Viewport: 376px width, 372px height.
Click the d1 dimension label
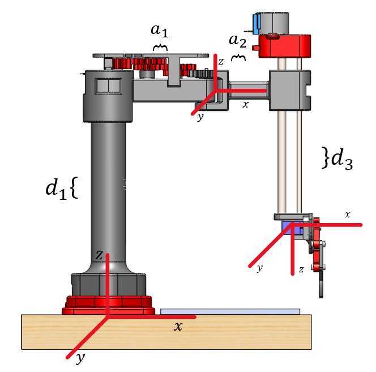56,188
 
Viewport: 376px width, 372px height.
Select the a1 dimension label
160,31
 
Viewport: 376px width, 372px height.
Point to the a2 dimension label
237,41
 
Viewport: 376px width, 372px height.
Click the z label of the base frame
99,255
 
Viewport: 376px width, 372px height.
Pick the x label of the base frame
178,326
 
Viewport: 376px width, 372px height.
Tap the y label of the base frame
80,358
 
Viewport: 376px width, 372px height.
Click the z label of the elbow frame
221,61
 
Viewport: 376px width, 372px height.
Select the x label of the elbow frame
245,104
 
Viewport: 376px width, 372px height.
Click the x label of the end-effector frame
348,215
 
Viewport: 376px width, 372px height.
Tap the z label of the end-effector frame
301,270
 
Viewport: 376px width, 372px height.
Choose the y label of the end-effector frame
260,268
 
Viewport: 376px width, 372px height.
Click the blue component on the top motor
257,24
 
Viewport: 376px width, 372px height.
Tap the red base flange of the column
108,305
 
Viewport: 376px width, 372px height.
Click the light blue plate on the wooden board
230,311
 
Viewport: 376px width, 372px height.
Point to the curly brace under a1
160,48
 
